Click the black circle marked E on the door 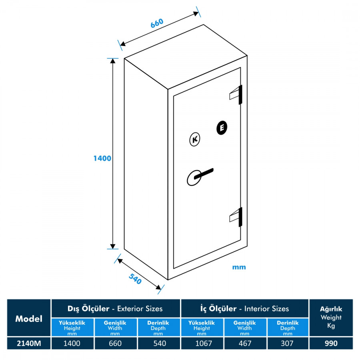coord(222,128)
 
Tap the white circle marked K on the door coord(195,139)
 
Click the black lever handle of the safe coord(204,174)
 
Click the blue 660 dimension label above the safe coord(157,23)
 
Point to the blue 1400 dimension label coord(102,158)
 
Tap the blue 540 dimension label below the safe coord(135,279)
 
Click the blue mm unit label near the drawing coord(239,267)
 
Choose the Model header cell coord(29,318)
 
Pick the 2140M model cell coord(29,343)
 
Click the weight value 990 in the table coord(331,343)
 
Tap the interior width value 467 coord(245,343)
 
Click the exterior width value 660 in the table coord(115,343)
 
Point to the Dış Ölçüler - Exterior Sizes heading coord(115,308)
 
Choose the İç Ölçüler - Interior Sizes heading coord(244,308)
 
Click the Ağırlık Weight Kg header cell coord(331,317)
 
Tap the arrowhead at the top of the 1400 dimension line coord(113,61)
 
